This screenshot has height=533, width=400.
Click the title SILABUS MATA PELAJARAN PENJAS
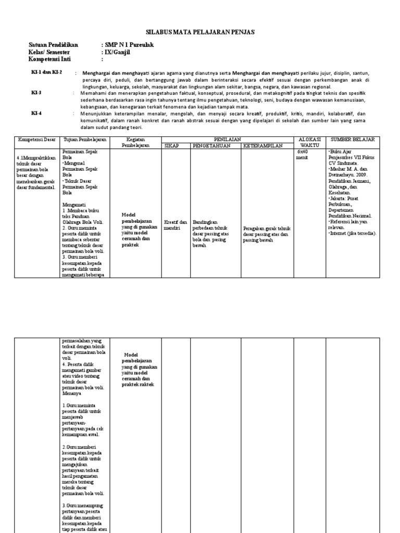(x=200, y=32)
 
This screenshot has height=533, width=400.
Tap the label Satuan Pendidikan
(x=53, y=45)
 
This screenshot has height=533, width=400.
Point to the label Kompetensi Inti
(x=51, y=59)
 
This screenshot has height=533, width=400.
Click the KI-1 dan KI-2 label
(x=46, y=72)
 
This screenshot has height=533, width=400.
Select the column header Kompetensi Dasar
(x=37, y=140)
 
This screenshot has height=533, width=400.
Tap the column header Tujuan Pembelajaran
(x=85, y=140)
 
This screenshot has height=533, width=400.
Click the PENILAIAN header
(x=228, y=140)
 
